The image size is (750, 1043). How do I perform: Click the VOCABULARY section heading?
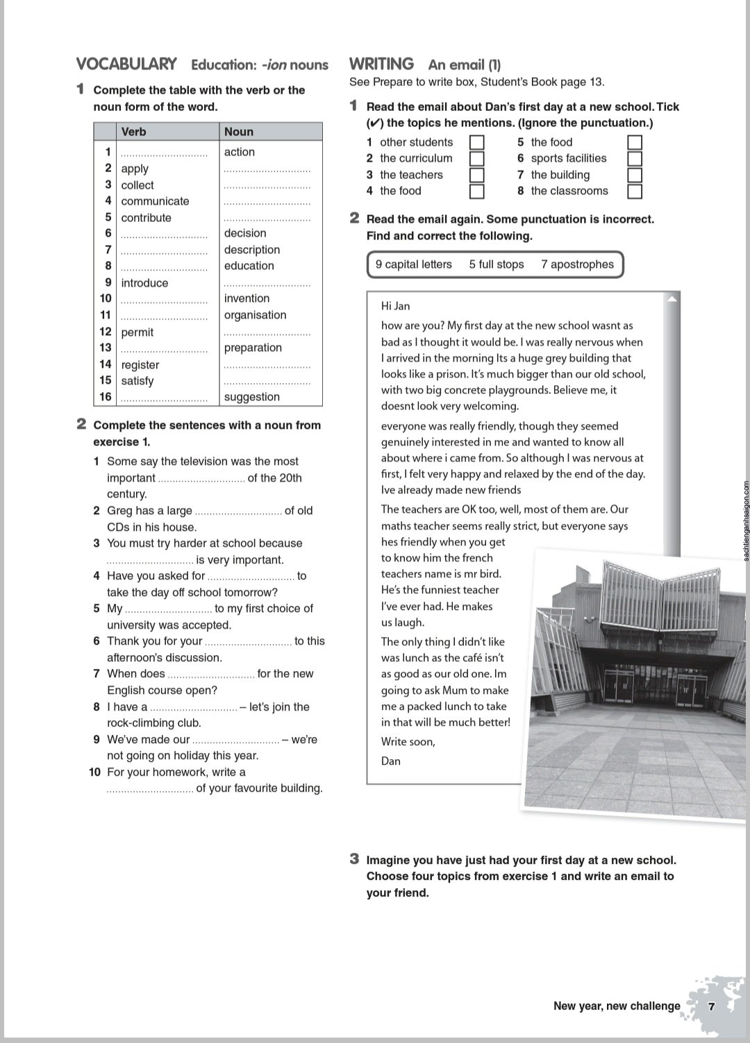click(x=126, y=64)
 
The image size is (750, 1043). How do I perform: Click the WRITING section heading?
click(x=381, y=64)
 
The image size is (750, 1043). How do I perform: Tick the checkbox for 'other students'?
click(x=477, y=142)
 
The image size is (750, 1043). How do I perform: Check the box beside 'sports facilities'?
click(x=635, y=159)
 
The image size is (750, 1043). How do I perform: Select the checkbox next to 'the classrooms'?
click(x=635, y=192)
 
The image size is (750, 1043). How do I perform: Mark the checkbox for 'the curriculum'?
click(x=477, y=159)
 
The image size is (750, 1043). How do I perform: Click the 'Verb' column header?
click(x=133, y=132)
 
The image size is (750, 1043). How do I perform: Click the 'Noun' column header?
click(x=239, y=132)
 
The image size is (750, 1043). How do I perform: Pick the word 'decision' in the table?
click(x=245, y=233)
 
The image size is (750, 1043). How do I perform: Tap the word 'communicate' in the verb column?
click(x=155, y=201)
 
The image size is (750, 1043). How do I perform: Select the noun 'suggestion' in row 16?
click(x=251, y=397)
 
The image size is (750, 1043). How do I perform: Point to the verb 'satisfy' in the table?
click(x=137, y=381)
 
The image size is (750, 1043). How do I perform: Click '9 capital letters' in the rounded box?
click(x=413, y=264)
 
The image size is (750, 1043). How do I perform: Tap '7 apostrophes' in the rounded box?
click(x=577, y=264)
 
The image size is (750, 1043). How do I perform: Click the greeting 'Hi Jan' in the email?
click(x=395, y=306)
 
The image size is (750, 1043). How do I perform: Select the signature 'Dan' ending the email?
click(x=391, y=761)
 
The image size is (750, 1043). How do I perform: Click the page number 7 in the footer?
click(x=711, y=1006)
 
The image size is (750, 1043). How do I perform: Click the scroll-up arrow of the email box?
click(x=672, y=299)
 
